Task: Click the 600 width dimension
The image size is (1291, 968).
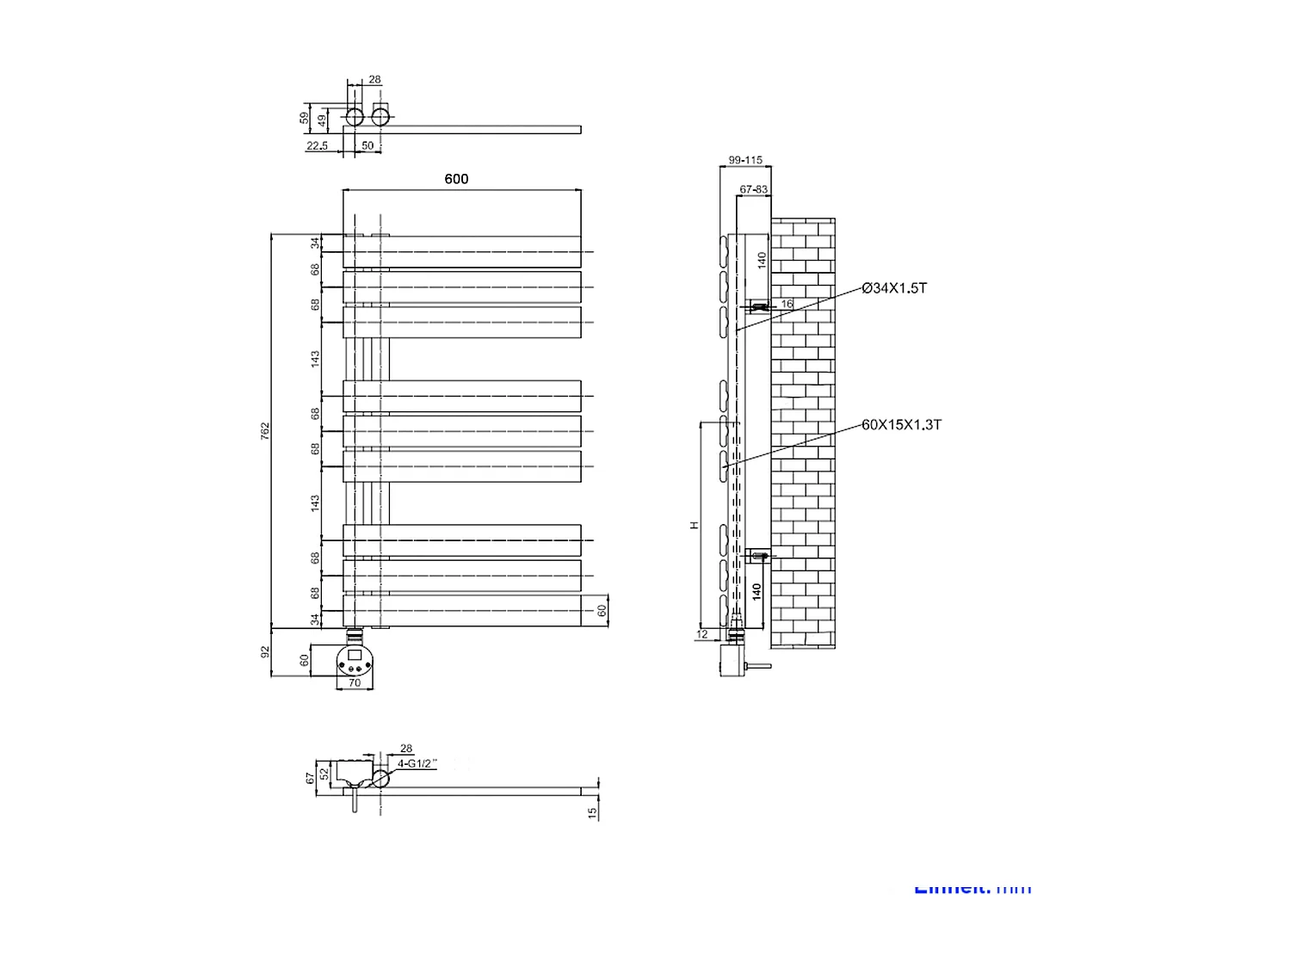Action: click(456, 179)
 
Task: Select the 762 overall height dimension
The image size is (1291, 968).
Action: click(266, 430)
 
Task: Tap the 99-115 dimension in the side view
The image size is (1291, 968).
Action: click(744, 160)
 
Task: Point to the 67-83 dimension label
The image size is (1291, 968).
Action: click(754, 189)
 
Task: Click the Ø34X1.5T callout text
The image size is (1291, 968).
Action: click(894, 288)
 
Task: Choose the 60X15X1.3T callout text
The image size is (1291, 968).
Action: click(901, 425)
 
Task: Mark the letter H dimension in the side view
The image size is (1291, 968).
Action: click(694, 525)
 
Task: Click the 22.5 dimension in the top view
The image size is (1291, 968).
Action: click(317, 146)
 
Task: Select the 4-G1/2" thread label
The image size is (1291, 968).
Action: click(417, 763)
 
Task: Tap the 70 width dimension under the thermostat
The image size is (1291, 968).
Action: click(354, 684)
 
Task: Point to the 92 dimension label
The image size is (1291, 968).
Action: click(266, 651)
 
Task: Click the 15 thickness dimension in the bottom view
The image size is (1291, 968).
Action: click(592, 812)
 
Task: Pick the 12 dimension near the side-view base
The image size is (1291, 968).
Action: click(702, 635)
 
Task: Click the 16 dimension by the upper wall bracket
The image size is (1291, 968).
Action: click(787, 304)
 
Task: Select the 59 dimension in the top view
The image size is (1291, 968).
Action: click(305, 117)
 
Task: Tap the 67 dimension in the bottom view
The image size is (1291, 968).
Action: click(311, 778)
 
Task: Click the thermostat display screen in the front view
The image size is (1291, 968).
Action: click(354, 656)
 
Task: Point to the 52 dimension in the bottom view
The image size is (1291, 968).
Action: click(324, 774)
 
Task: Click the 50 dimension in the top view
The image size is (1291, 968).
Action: click(368, 146)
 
